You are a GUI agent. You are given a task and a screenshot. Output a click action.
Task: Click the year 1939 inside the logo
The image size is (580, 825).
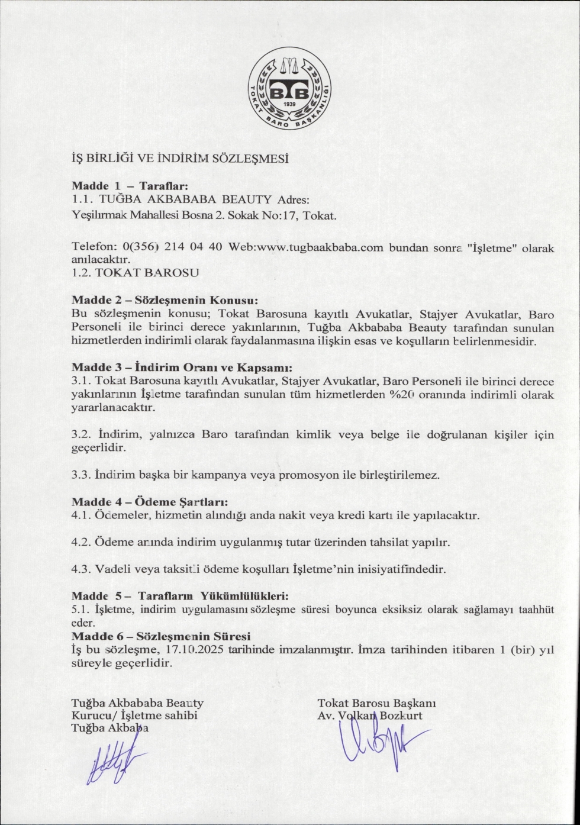pos(290,104)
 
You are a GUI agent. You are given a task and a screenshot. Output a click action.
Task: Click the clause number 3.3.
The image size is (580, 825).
pos(80,475)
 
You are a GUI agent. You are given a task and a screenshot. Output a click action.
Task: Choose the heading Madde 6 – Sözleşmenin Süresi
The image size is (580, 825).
pos(161,636)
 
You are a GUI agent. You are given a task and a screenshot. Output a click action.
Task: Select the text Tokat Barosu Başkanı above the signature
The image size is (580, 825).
pos(376,703)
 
